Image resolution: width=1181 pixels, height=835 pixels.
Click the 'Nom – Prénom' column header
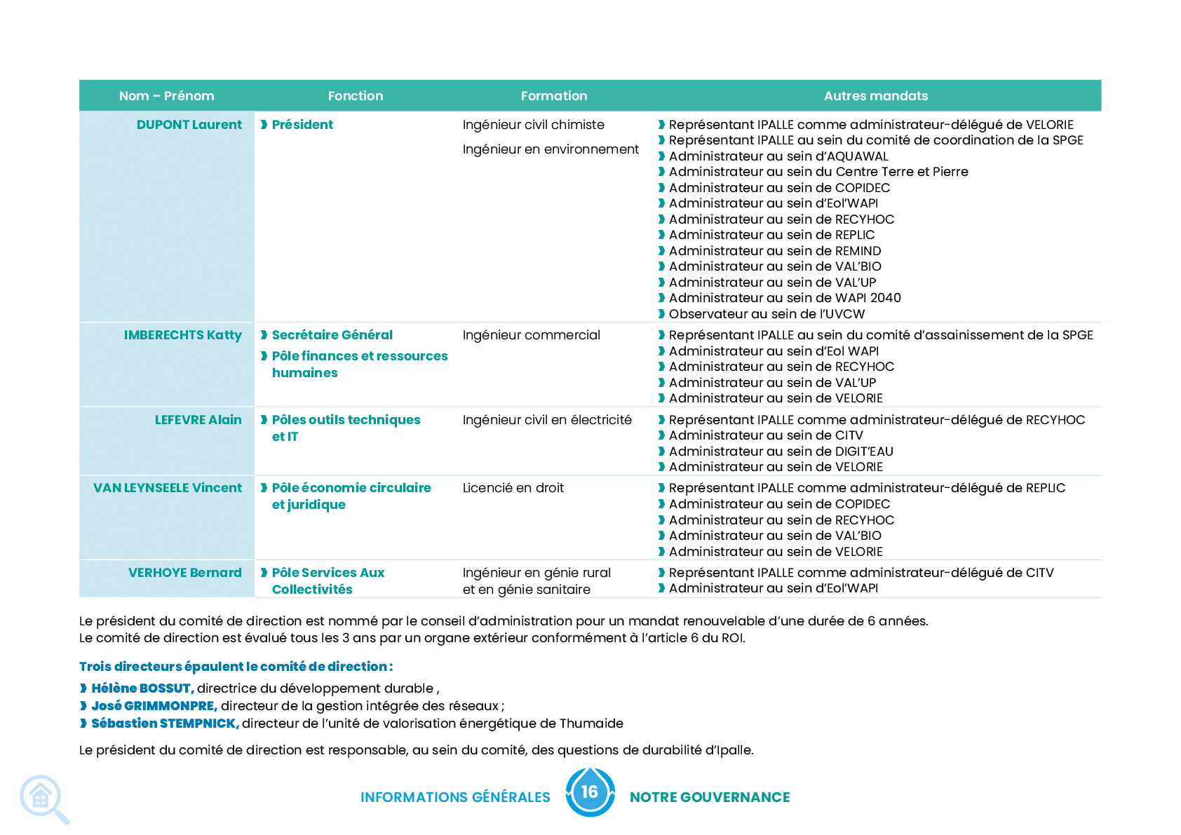coord(167,96)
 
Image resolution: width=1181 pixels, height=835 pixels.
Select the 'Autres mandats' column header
coord(876,96)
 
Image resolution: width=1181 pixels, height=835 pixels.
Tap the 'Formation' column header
coord(553,96)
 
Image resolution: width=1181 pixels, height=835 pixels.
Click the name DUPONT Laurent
coord(189,125)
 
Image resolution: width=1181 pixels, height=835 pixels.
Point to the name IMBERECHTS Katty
coord(182,335)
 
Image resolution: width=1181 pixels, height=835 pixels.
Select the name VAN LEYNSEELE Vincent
coord(168,488)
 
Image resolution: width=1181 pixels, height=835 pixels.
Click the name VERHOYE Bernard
coord(184,573)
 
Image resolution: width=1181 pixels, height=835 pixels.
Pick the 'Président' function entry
coord(302,125)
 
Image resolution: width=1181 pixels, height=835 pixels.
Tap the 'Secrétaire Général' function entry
coord(332,335)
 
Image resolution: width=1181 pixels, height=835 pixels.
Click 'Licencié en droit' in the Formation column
coord(513,488)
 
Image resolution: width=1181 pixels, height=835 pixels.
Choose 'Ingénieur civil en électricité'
coord(547,420)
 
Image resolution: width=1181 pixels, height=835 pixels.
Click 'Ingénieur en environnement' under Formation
coord(551,150)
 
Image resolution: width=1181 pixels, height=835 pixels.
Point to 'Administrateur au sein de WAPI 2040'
coord(785,299)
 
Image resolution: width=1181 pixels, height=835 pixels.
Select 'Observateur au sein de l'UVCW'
coord(767,314)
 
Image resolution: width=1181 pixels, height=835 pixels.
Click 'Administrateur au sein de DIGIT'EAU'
coord(781,452)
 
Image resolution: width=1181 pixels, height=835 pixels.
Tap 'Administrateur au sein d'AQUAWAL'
coord(778,156)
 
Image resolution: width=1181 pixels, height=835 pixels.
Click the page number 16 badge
coord(590,792)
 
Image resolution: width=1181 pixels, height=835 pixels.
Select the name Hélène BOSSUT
coord(142,688)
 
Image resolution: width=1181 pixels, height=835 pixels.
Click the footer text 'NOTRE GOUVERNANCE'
coord(710,798)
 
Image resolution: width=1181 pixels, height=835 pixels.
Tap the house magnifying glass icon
coord(43,799)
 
